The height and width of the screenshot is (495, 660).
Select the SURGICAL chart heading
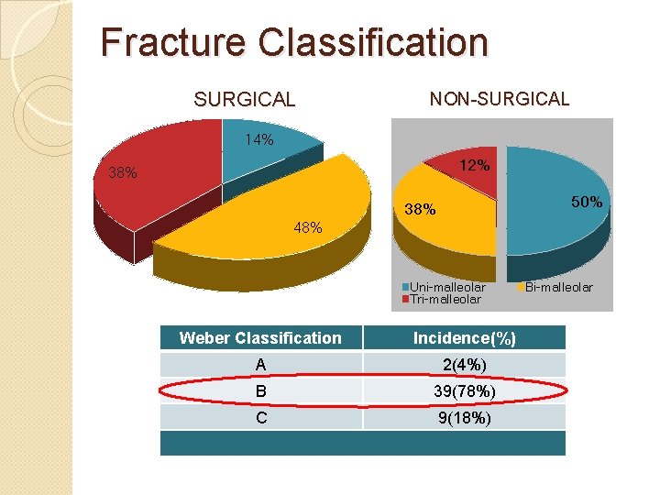pyautogui.click(x=244, y=99)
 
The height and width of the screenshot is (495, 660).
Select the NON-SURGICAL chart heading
pyautogui.click(x=499, y=98)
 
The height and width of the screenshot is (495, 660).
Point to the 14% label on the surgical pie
pyautogui.click(x=258, y=140)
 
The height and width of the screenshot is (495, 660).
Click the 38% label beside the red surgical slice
pyautogui.click(x=123, y=172)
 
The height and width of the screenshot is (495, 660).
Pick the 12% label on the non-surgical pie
pyautogui.click(x=474, y=166)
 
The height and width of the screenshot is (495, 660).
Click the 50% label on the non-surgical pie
pyautogui.click(x=587, y=202)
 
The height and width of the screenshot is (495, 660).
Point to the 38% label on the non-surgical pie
pyautogui.click(x=424, y=210)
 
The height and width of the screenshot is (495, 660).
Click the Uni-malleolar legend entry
pyautogui.click(x=446, y=287)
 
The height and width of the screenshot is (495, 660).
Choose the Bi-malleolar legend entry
pyautogui.click(x=558, y=287)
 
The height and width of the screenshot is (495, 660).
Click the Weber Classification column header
pyautogui.click(x=260, y=338)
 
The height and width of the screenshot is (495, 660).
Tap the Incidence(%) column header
pyautogui.click(x=464, y=338)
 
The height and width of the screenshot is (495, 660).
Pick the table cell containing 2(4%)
pyautogui.click(x=464, y=365)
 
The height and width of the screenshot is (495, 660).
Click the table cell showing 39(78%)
pyautogui.click(x=464, y=391)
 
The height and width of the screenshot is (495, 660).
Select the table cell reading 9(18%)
pyautogui.click(x=464, y=418)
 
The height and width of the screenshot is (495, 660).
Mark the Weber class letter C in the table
pyautogui.click(x=261, y=418)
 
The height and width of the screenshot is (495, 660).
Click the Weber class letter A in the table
pyautogui.click(x=261, y=365)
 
